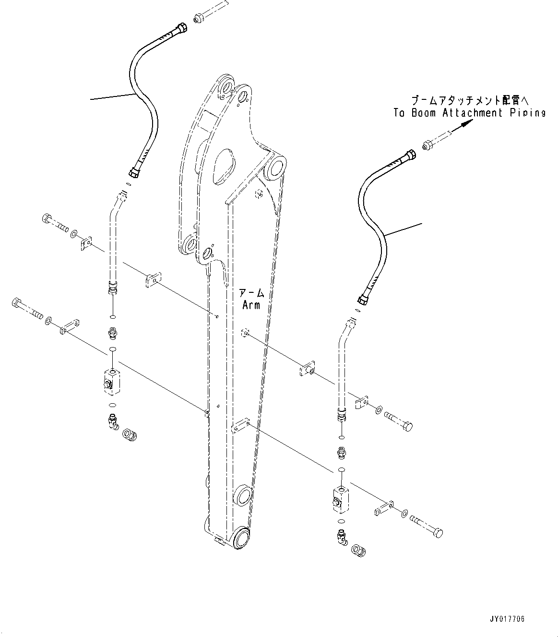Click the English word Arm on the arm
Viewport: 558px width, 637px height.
(x=251, y=305)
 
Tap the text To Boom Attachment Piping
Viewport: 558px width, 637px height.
(x=469, y=113)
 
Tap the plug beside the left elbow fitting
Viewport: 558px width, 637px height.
(x=130, y=435)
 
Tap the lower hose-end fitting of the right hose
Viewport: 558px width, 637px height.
(x=364, y=300)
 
